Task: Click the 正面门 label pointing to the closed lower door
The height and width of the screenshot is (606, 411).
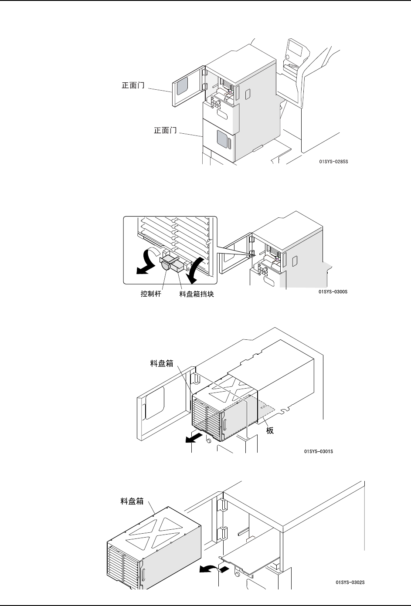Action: point(165,130)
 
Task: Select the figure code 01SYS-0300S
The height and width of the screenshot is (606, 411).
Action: point(333,291)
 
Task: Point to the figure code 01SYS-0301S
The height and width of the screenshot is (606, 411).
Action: point(319,451)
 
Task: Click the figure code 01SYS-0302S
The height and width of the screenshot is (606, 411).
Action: point(350,582)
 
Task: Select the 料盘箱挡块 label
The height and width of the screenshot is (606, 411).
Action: point(197,295)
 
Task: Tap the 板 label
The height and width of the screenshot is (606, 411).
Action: point(270,430)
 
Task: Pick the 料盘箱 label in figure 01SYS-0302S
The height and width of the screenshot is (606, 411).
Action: point(132,501)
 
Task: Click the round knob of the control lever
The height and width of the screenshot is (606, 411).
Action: point(166,265)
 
